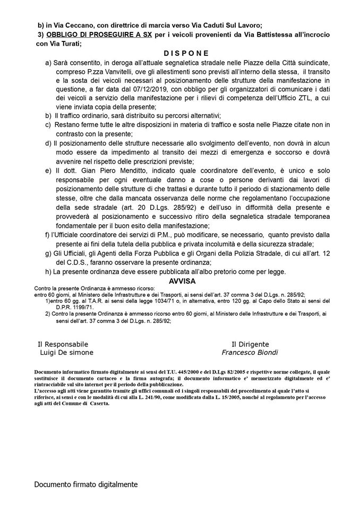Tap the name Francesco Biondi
(250, 352)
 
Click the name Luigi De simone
(66, 352)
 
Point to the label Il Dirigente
(250, 344)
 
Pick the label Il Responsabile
(63, 344)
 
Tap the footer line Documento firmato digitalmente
(85, 484)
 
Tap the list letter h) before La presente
(49, 271)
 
